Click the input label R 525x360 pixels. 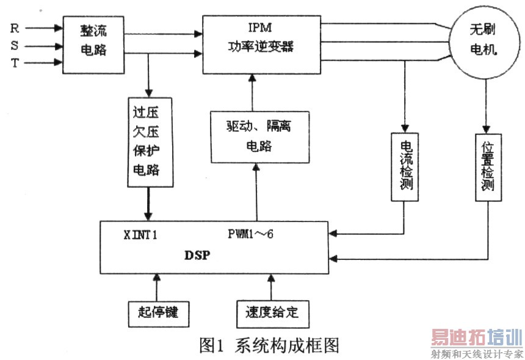[x=15, y=28]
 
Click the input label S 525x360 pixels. [x=15, y=45]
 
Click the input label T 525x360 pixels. [x=15, y=62]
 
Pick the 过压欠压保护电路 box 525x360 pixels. [x=149, y=141]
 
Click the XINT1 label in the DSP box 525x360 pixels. [x=140, y=234]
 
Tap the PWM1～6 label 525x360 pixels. [x=255, y=234]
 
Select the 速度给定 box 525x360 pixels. [x=268, y=312]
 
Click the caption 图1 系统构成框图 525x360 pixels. [x=269, y=345]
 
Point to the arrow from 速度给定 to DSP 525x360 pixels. [x=268, y=287]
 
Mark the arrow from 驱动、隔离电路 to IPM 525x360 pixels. [x=252, y=92]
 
